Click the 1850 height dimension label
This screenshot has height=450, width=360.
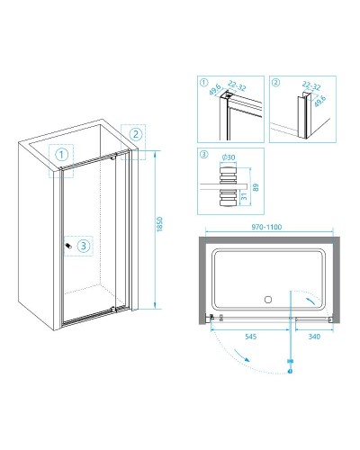[159, 224]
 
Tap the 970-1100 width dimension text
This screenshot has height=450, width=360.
[266, 227]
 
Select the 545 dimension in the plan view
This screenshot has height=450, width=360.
[251, 337]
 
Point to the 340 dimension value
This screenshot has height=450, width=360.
[314, 337]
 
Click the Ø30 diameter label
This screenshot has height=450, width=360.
[229, 157]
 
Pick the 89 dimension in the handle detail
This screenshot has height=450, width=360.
[256, 187]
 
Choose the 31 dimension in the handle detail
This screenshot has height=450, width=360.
[244, 196]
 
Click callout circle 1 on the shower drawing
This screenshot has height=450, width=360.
[61, 155]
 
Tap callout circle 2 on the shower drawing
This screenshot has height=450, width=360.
[136, 134]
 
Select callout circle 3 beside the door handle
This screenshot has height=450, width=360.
[83, 246]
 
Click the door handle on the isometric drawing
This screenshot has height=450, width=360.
[68, 246]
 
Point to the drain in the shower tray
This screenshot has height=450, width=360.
[268, 299]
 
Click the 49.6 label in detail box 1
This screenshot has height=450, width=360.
[215, 89]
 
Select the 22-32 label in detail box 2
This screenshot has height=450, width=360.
[311, 85]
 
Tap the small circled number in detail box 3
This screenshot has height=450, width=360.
[203, 155]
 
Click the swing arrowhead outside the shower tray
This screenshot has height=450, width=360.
[247, 359]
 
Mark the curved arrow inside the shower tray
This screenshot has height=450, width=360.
[310, 301]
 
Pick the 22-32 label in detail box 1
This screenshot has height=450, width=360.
[237, 85]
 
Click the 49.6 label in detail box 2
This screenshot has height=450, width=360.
[319, 101]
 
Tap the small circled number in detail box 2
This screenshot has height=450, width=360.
[276, 82]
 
